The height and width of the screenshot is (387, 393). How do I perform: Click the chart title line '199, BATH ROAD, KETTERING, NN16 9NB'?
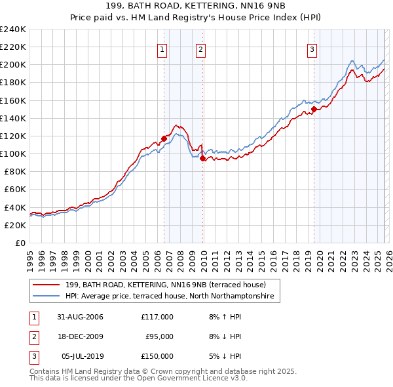point(196,6)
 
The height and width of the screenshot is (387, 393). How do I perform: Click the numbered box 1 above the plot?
point(162,49)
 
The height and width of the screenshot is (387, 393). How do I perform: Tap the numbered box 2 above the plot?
point(200,49)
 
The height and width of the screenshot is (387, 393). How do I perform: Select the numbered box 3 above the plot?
point(312,49)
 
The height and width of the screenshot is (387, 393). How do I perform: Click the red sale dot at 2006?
point(164,138)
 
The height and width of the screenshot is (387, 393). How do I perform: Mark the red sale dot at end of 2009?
point(202,158)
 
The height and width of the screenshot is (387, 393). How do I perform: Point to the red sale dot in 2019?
point(314,110)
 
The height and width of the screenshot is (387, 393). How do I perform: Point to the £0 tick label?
point(20,243)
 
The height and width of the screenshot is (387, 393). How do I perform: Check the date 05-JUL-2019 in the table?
point(80,356)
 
